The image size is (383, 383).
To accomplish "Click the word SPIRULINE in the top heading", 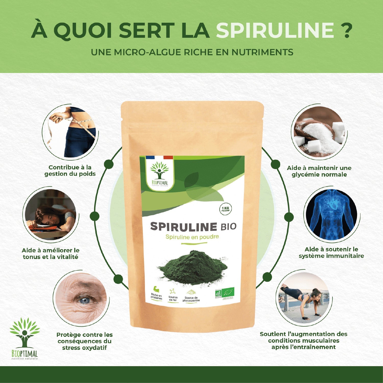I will coord(275,30).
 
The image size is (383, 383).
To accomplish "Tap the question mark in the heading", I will coord(346,30).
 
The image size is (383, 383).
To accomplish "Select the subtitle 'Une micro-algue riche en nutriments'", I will coord(192,52).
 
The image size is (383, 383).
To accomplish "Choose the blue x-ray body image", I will coord(331,215).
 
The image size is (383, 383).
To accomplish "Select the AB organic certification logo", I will coord(218,293).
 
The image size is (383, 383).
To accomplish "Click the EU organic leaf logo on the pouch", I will coord(228,292).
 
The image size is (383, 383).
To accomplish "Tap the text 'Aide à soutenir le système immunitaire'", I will coord(331,253).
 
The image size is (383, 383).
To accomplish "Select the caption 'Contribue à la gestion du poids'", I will coord(70,171).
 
